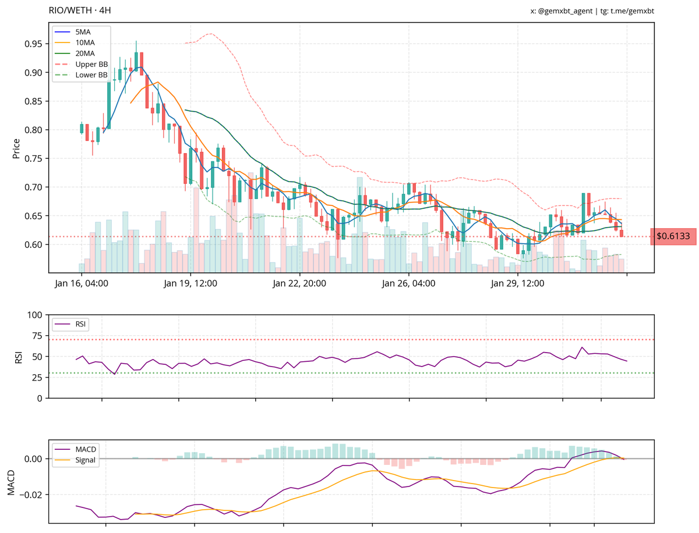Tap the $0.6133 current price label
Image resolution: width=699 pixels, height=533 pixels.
tap(673, 236)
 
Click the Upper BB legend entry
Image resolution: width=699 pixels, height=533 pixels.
tap(91, 64)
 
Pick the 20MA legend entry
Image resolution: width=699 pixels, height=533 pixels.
tap(85, 54)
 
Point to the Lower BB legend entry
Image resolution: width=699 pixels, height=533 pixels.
tap(91, 75)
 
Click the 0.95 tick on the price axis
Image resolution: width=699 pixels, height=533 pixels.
tap(34, 44)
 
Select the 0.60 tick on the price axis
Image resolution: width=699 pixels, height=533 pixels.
tap(34, 244)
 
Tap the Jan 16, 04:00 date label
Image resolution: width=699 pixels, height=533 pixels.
tap(81, 284)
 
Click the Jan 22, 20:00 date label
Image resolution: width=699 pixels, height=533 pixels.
tap(299, 284)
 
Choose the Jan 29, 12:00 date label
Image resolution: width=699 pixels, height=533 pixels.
tap(518, 284)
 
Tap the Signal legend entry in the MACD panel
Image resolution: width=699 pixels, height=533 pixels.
tap(86, 460)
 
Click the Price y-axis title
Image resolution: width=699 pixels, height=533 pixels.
tap(16, 149)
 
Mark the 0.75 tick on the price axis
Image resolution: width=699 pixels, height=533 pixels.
tap(34, 158)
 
